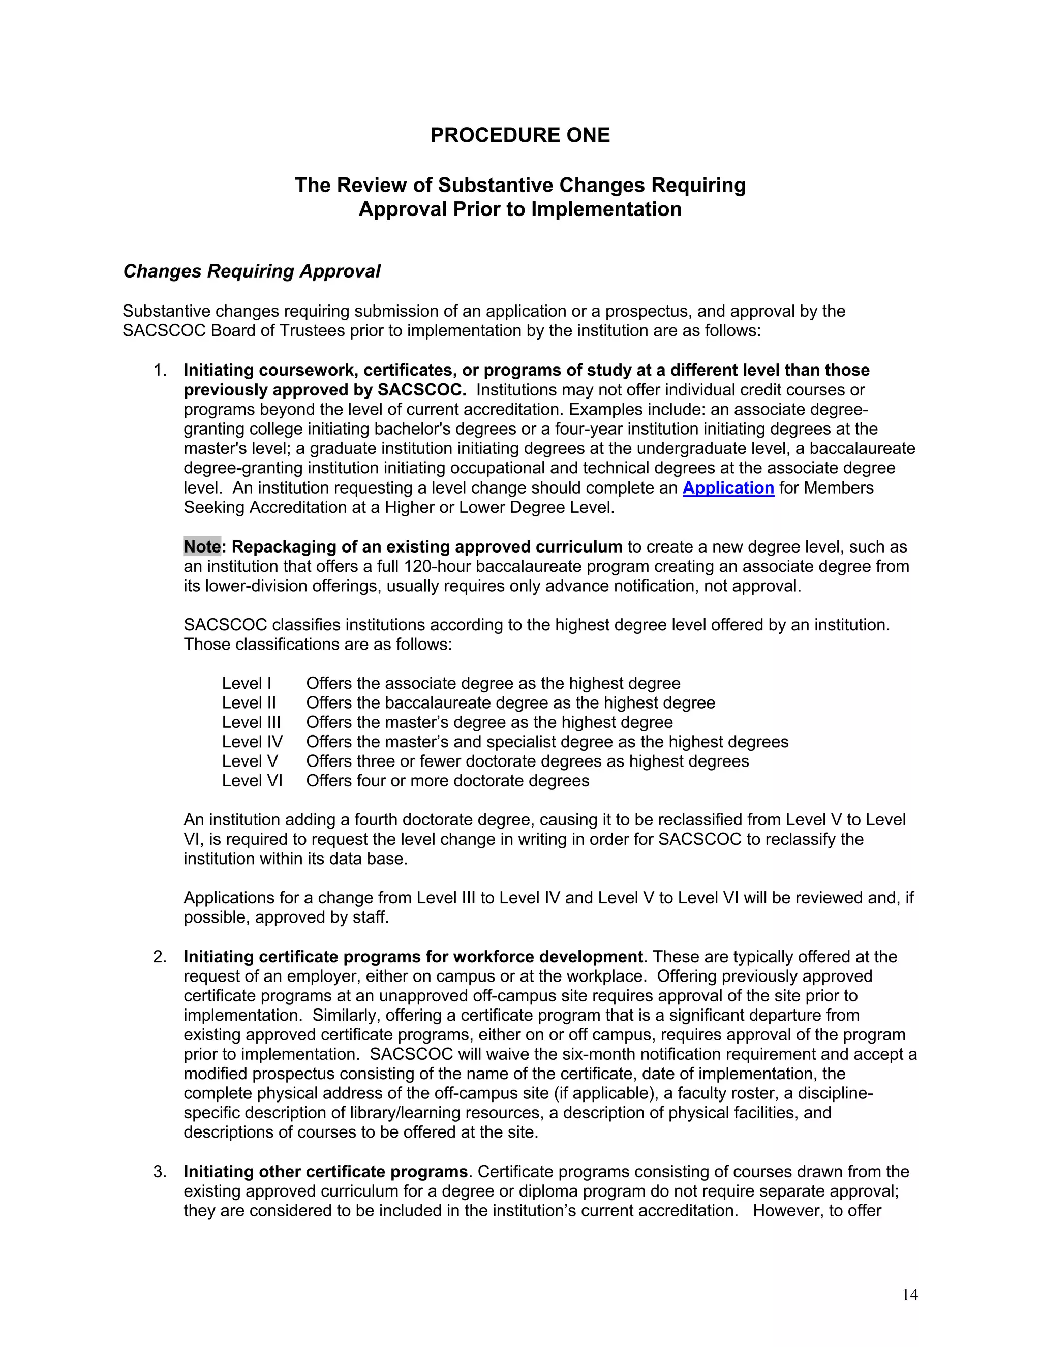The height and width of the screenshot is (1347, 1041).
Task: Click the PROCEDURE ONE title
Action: click(x=520, y=135)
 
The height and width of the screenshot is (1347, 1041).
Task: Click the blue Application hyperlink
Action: click(x=728, y=488)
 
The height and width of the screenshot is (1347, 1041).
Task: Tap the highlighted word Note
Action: click(x=202, y=546)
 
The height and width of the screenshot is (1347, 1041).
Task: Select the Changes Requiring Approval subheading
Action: click(x=252, y=271)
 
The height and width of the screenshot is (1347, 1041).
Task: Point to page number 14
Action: click(x=910, y=1295)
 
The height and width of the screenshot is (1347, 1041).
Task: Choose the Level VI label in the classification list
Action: click(x=252, y=781)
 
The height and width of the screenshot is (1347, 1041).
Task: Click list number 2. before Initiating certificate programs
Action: click(x=160, y=957)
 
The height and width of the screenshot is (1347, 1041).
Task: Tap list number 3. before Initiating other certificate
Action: click(x=160, y=1171)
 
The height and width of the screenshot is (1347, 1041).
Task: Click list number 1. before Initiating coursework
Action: click(x=160, y=370)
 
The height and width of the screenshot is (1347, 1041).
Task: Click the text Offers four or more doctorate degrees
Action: click(x=448, y=781)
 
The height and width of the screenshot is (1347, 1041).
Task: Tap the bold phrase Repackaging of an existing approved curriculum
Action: click(x=427, y=546)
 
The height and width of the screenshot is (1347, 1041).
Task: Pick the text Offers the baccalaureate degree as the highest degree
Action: click(x=511, y=703)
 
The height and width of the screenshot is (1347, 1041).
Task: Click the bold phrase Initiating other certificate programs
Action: click(x=326, y=1171)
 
